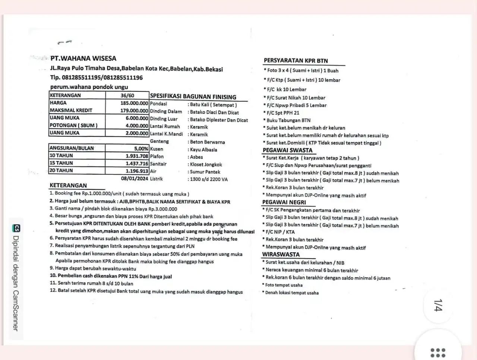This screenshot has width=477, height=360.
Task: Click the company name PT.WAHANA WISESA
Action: tap(83, 59)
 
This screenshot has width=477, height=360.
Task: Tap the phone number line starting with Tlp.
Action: tap(96, 78)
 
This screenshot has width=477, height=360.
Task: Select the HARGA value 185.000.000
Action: tap(134, 103)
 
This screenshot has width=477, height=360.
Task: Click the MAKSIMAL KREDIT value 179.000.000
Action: tap(134, 110)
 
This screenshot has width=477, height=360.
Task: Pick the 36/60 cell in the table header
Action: tap(127, 95)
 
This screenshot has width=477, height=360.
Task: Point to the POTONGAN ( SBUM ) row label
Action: tap(73, 125)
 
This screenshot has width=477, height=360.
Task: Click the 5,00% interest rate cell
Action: tap(141, 148)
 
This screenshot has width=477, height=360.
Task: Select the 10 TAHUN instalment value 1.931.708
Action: tap(137, 156)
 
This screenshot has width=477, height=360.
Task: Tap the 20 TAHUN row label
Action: tap(61, 170)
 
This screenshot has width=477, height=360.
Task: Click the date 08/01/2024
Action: tap(135, 179)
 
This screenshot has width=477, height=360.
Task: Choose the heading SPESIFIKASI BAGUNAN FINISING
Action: tap(193, 97)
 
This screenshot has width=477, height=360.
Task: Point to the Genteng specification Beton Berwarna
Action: tap(207, 142)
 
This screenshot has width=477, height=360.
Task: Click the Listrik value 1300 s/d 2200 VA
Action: tap(209, 179)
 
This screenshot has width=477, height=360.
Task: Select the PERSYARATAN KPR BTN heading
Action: tap(296, 61)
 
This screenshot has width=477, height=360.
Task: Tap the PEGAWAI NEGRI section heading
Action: tap(284, 202)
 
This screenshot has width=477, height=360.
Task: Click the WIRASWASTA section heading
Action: tap(281, 255)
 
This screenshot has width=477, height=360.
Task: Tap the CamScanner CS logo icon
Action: tap(16, 228)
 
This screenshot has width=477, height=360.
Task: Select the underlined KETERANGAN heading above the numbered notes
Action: tap(68, 186)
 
